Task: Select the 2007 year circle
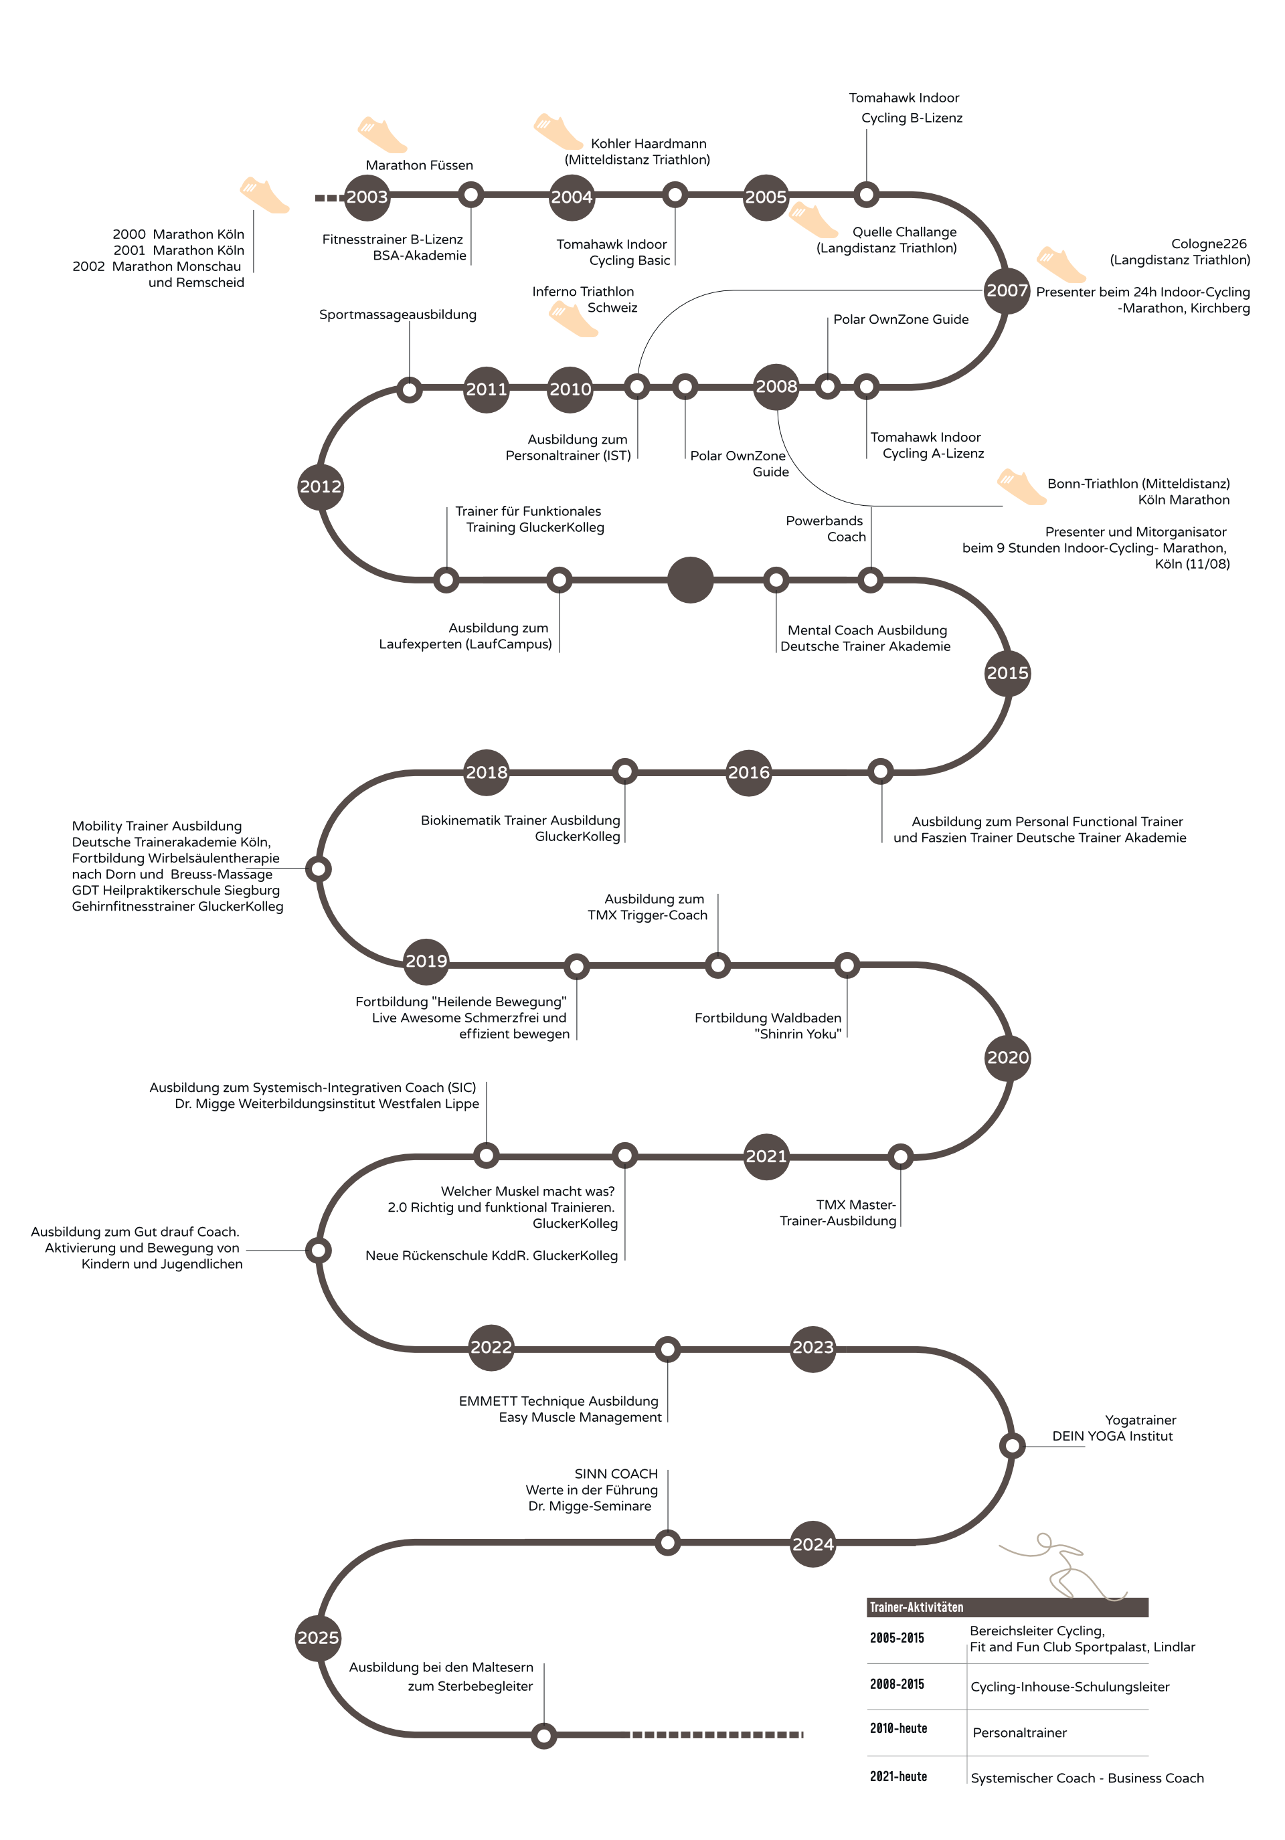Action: (x=1007, y=291)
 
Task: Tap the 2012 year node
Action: (x=321, y=486)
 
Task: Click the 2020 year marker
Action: (x=1008, y=1058)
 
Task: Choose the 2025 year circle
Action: (x=319, y=1638)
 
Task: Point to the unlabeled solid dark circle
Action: (x=690, y=579)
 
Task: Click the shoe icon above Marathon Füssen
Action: (x=381, y=134)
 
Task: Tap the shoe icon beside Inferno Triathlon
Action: (x=573, y=319)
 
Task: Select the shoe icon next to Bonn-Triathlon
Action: (x=1021, y=487)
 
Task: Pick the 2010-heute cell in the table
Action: (x=897, y=1729)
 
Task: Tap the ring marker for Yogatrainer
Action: (x=1012, y=1446)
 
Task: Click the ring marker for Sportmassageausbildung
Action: (x=410, y=390)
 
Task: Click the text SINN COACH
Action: (x=616, y=1474)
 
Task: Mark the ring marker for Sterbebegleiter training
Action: (x=543, y=1736)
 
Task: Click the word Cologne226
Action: (x=1208, y=244)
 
